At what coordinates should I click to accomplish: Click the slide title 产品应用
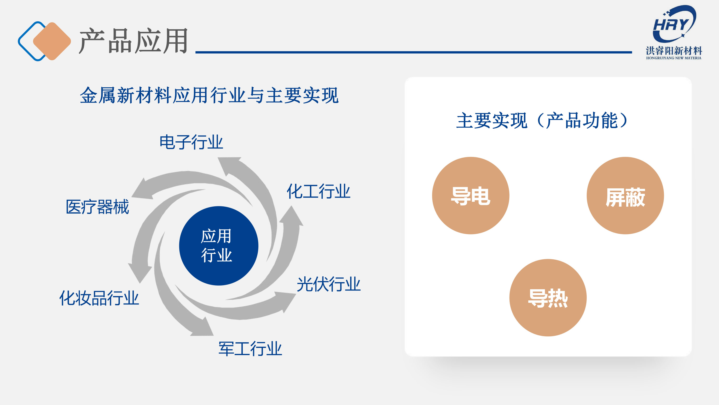(x=133, y=41)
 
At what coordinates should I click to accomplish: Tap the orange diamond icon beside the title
(x=52, y=41)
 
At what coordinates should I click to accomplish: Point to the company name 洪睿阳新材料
(x=674, y=51)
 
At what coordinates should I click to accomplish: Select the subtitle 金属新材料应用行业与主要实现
(x=209, y=95)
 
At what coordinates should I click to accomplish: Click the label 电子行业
(x=191, y=142)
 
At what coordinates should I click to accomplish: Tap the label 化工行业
(x=319, y=191)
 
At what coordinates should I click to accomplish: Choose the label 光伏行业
(x=329, y=284)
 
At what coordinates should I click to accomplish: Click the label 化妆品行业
(x=99, y=298)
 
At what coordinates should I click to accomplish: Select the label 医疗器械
(x=97, y=207)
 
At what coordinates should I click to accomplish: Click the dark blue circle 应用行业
(x=219, y=246)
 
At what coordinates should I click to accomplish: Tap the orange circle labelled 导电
(x=471, y=195)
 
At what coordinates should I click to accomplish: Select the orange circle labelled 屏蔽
(x=625, y=195)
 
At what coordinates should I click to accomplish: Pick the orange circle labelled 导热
(x=548, y=298)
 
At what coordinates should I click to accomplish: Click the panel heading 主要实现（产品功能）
(x=542, y=120)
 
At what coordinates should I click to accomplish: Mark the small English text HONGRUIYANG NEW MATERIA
(x=674, y=58)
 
